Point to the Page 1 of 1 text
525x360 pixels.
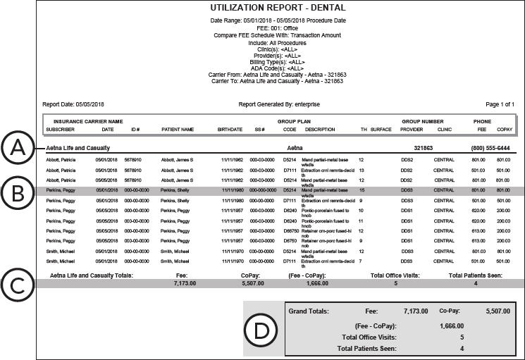[x=499, y=104]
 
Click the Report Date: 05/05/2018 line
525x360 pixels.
[x=73, y=104]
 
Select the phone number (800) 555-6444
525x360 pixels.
[x=490, y=149]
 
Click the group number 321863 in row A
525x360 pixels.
[x=422, y=149]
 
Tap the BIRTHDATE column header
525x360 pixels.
[x=229, y=129]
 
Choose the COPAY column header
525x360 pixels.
[x=504, y=129]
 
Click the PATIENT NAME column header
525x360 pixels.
[x=177, y=129]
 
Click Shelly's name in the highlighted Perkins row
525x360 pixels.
[x=175, y=190]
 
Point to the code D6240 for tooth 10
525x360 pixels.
[x=290, y=210]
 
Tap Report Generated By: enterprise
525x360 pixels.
[x=279, y=104]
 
